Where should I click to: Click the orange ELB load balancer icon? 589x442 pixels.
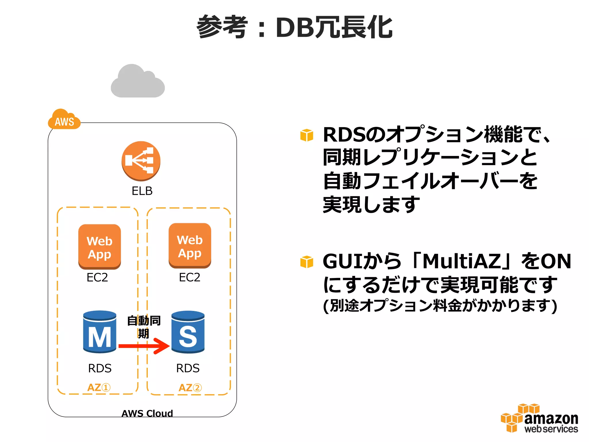141,161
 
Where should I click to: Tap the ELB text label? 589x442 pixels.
142,191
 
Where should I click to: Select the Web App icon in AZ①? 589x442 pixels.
100,247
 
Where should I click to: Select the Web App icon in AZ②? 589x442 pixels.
190,246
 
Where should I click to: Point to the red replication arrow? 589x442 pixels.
144,346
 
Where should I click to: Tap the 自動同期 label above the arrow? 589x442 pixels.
144,327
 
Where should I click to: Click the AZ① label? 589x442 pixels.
99,388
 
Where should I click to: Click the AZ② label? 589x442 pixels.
190,388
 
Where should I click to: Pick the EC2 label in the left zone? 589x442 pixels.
97,277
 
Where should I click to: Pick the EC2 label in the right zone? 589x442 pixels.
190,277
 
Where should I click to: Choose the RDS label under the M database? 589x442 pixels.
100,368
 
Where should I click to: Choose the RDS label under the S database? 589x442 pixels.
188,368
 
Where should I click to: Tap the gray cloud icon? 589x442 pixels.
138,82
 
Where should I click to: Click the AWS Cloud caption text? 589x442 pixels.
147,413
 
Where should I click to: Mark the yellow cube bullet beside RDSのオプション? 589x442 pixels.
307,135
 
